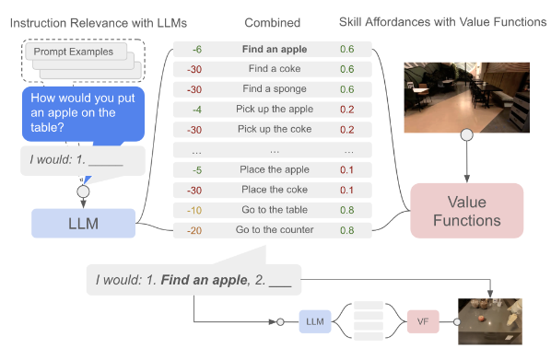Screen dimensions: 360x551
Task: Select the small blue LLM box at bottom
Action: (x=313, y=322)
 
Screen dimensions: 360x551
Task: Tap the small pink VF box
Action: (x=423, y=322)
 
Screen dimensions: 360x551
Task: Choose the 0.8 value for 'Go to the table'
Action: (x=347, y=209)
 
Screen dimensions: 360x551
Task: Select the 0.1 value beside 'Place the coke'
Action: (x=347, y=189)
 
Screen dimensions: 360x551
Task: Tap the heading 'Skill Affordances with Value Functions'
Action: (x=454, y=21)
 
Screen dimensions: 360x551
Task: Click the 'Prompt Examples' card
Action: (x=74, y=52)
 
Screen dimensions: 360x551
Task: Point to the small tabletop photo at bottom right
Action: (x=490, y=321)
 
